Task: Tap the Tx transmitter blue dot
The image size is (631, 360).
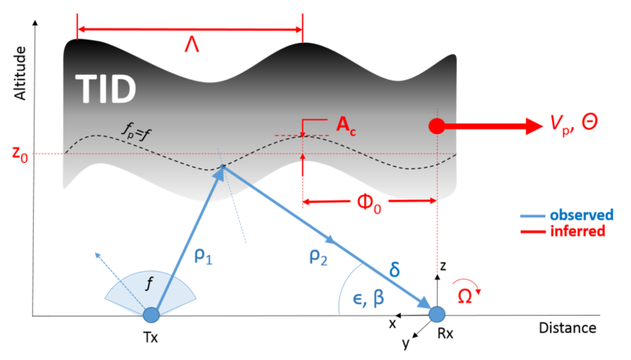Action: click(x=151, y=314)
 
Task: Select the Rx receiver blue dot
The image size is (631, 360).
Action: click(x=437, y=314)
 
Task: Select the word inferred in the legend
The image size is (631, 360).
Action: click(x=581, y=231)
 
